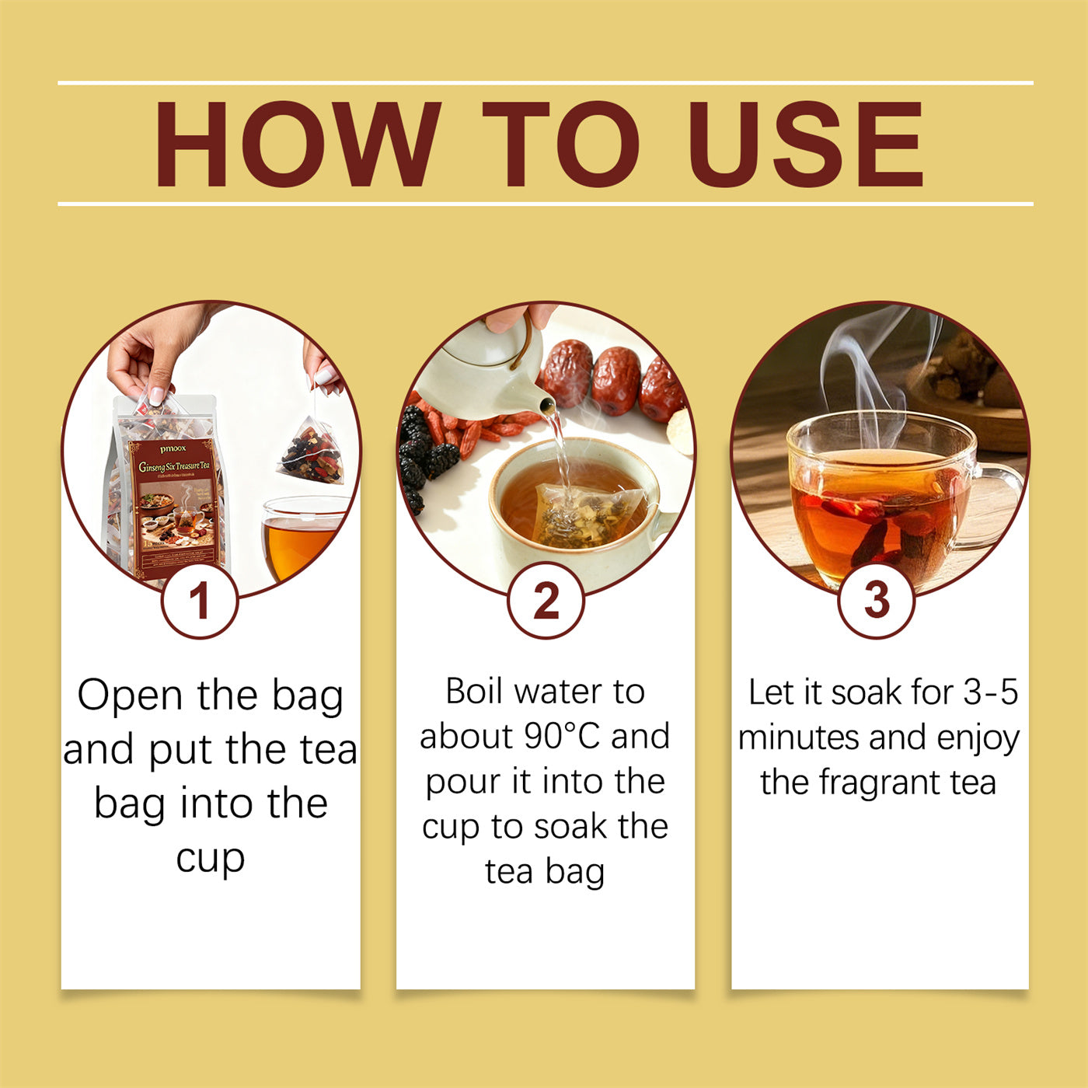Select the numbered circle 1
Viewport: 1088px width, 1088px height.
click(x=200, y=601)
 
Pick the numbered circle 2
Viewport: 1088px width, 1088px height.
click(x=546, y=601)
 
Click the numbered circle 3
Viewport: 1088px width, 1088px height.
click(x=877, y=601)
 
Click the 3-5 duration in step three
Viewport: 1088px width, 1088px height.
click(x=990, y=692)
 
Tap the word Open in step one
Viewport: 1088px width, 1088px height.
click(x=129, y=696)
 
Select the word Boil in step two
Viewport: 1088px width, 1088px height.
click(x=474, y=692)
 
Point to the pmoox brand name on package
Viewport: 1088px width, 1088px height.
click(x=173, y=449)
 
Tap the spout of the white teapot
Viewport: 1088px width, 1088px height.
click(x=546, y=405)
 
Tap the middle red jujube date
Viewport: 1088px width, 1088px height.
click(x=615, y=381)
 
